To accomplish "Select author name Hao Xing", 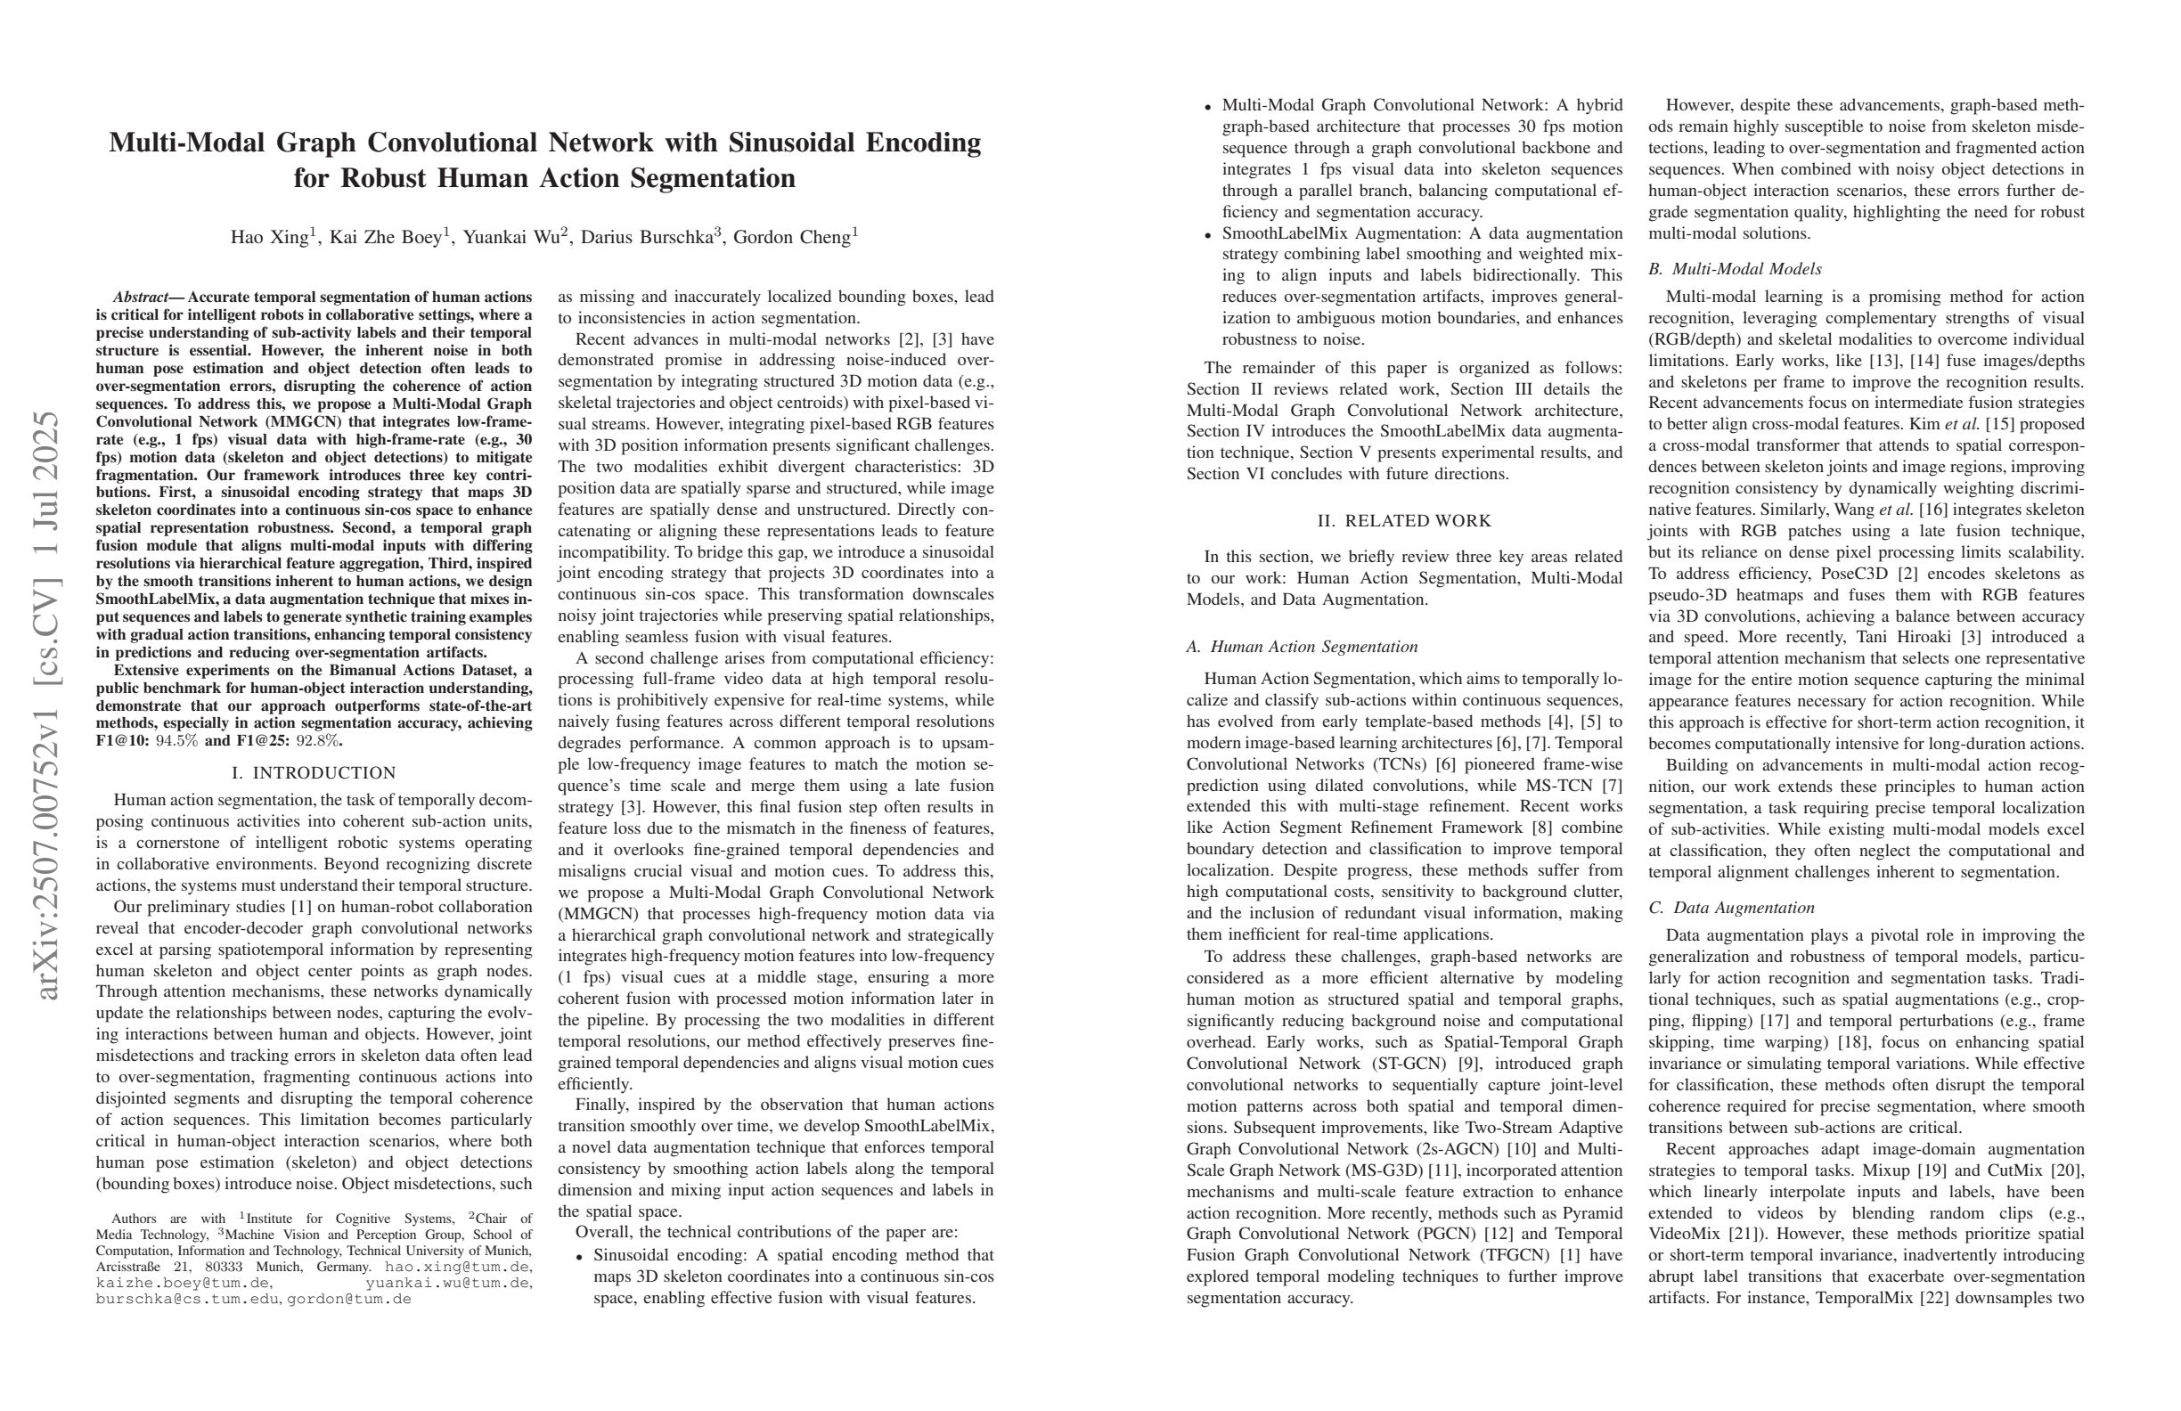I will click(x=268, y=238).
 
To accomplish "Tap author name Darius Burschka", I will click(x=646, y=238).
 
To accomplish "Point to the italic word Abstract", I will click(x=140, y=297).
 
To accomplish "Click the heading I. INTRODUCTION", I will click(x=314, y=772).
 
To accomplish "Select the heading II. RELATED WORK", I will click(x=1404, y=521).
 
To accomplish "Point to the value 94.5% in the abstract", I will click(x=177, y=741).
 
